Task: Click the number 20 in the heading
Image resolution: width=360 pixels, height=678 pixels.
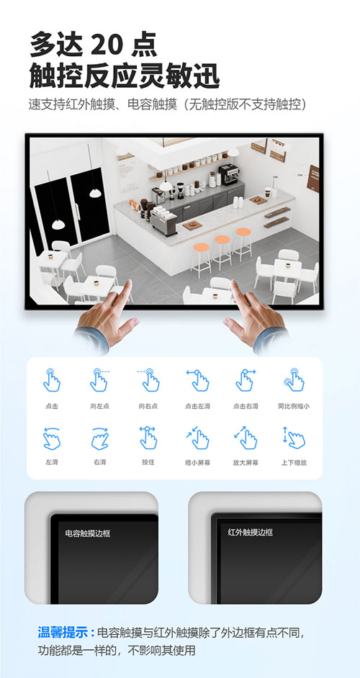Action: pos(105,44)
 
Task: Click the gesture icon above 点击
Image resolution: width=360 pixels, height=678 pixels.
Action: pos(52,380)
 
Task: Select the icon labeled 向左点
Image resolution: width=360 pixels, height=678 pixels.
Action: pos(100,380)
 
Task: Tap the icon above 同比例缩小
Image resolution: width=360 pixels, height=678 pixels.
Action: pos(294,380)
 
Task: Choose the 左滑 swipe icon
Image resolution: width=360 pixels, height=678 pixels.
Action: pos(52,438)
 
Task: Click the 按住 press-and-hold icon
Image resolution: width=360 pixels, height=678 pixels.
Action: pos(148,438)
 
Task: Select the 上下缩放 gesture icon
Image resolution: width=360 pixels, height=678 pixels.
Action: pos(294,438)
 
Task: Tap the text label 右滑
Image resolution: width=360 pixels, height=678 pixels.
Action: pos(100,463)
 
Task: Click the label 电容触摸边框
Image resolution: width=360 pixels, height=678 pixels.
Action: pos(88,533)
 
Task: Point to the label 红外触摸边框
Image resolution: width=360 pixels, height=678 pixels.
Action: pos(251,533)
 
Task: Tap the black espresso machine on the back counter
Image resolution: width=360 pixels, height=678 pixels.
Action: pos(228,174)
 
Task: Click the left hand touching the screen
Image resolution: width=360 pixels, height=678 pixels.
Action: pos(107,316)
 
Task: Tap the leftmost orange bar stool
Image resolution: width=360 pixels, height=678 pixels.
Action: pos(201,260)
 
